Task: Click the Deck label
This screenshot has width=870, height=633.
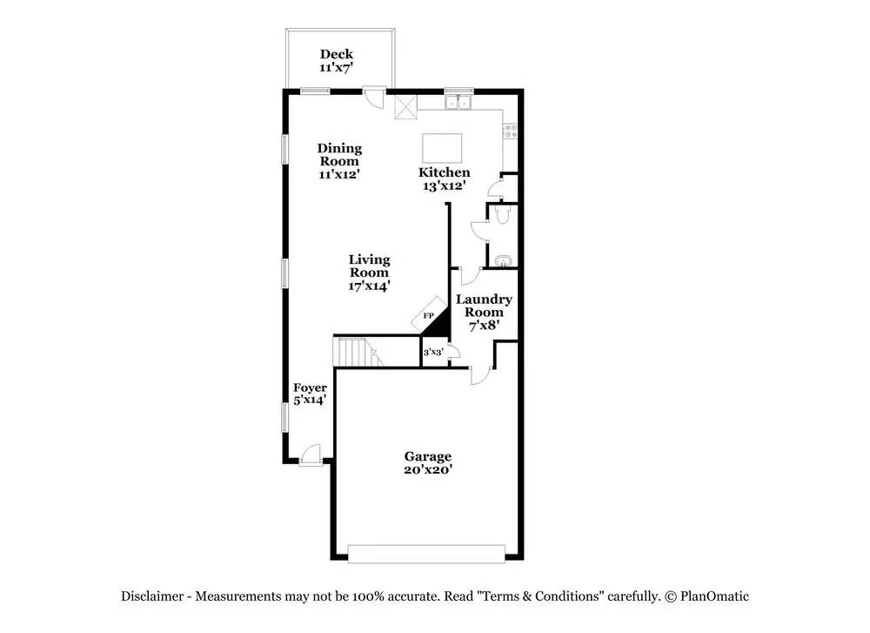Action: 336,61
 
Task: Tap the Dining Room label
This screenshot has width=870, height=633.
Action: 339,160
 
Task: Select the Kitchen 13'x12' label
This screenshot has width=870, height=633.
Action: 445,178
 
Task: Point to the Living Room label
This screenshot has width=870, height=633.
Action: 369,272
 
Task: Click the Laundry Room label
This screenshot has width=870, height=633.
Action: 484,312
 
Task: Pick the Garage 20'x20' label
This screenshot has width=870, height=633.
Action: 427,462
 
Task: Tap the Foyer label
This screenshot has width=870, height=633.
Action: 310,394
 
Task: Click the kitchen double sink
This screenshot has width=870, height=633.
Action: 458,103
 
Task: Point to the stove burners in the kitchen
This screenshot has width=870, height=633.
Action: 511,131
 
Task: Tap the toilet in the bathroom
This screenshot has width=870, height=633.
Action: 500,216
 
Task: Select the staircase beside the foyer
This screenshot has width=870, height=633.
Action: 356,353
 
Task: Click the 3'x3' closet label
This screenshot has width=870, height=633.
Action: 432,353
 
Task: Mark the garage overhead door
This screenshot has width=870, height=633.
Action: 426,552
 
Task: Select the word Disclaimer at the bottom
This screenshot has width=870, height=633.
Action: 152,596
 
